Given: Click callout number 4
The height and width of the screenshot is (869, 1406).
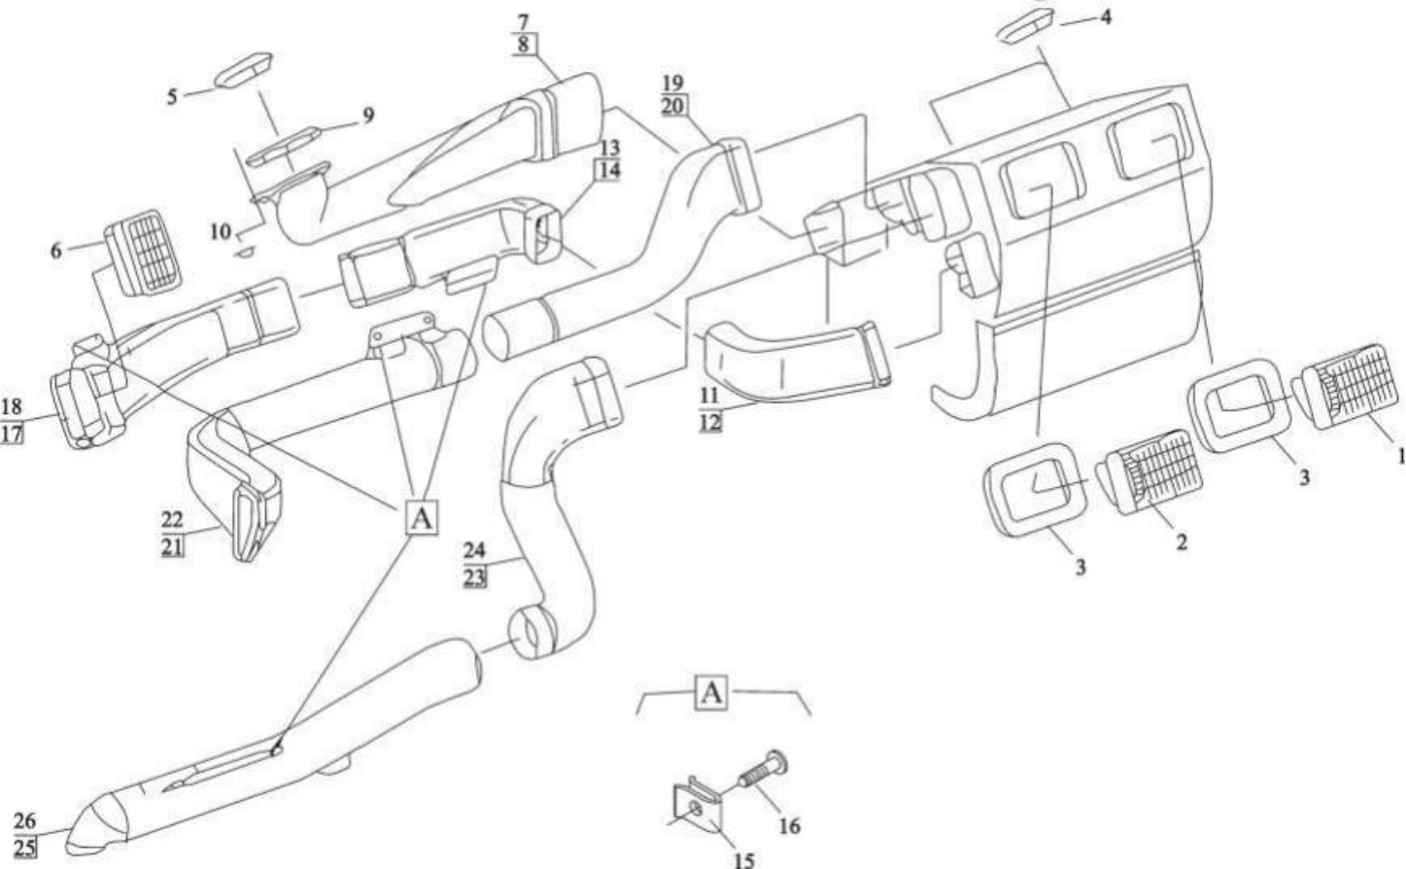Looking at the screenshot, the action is [1106, 17].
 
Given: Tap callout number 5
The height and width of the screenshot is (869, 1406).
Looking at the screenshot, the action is [172, 96].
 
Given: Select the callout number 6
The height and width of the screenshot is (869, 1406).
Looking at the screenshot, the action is [56, 251].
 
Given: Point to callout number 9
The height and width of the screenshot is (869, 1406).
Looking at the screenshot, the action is [368, 116].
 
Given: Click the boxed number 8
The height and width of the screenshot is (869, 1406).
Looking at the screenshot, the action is [524, 45].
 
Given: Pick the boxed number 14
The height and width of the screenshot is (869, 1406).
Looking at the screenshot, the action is [607, 170].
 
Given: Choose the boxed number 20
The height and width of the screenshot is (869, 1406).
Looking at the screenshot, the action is [672, 106].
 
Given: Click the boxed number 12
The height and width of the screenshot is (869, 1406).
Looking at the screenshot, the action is [710, 423].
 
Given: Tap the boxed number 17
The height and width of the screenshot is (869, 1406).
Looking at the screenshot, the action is [12, 434].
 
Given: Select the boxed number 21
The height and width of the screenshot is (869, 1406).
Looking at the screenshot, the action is [173, 547].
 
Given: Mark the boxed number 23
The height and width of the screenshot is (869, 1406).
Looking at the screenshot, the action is [475, 577].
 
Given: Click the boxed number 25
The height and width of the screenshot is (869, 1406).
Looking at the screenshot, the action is [24, 848].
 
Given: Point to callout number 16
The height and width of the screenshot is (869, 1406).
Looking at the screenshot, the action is [790, 826].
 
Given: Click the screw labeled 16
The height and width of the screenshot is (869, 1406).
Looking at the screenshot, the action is [764, 769].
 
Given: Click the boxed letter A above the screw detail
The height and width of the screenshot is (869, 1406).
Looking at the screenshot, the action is [710, 692].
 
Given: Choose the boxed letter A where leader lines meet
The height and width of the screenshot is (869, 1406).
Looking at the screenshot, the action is [422, 519].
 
